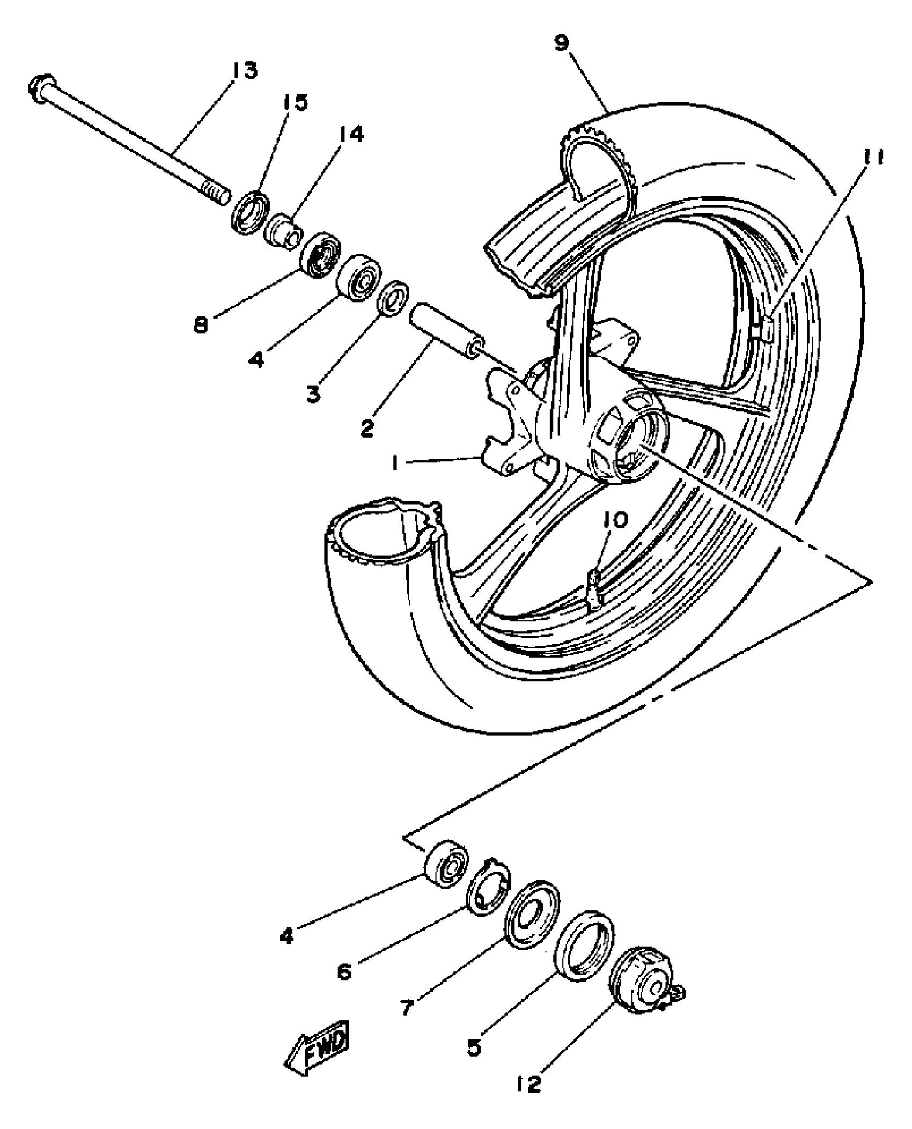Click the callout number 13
(x=244, y=70)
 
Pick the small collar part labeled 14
(x=284, y=231)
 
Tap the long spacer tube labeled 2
(x=446, y=335)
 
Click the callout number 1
(x=396, y=463)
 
